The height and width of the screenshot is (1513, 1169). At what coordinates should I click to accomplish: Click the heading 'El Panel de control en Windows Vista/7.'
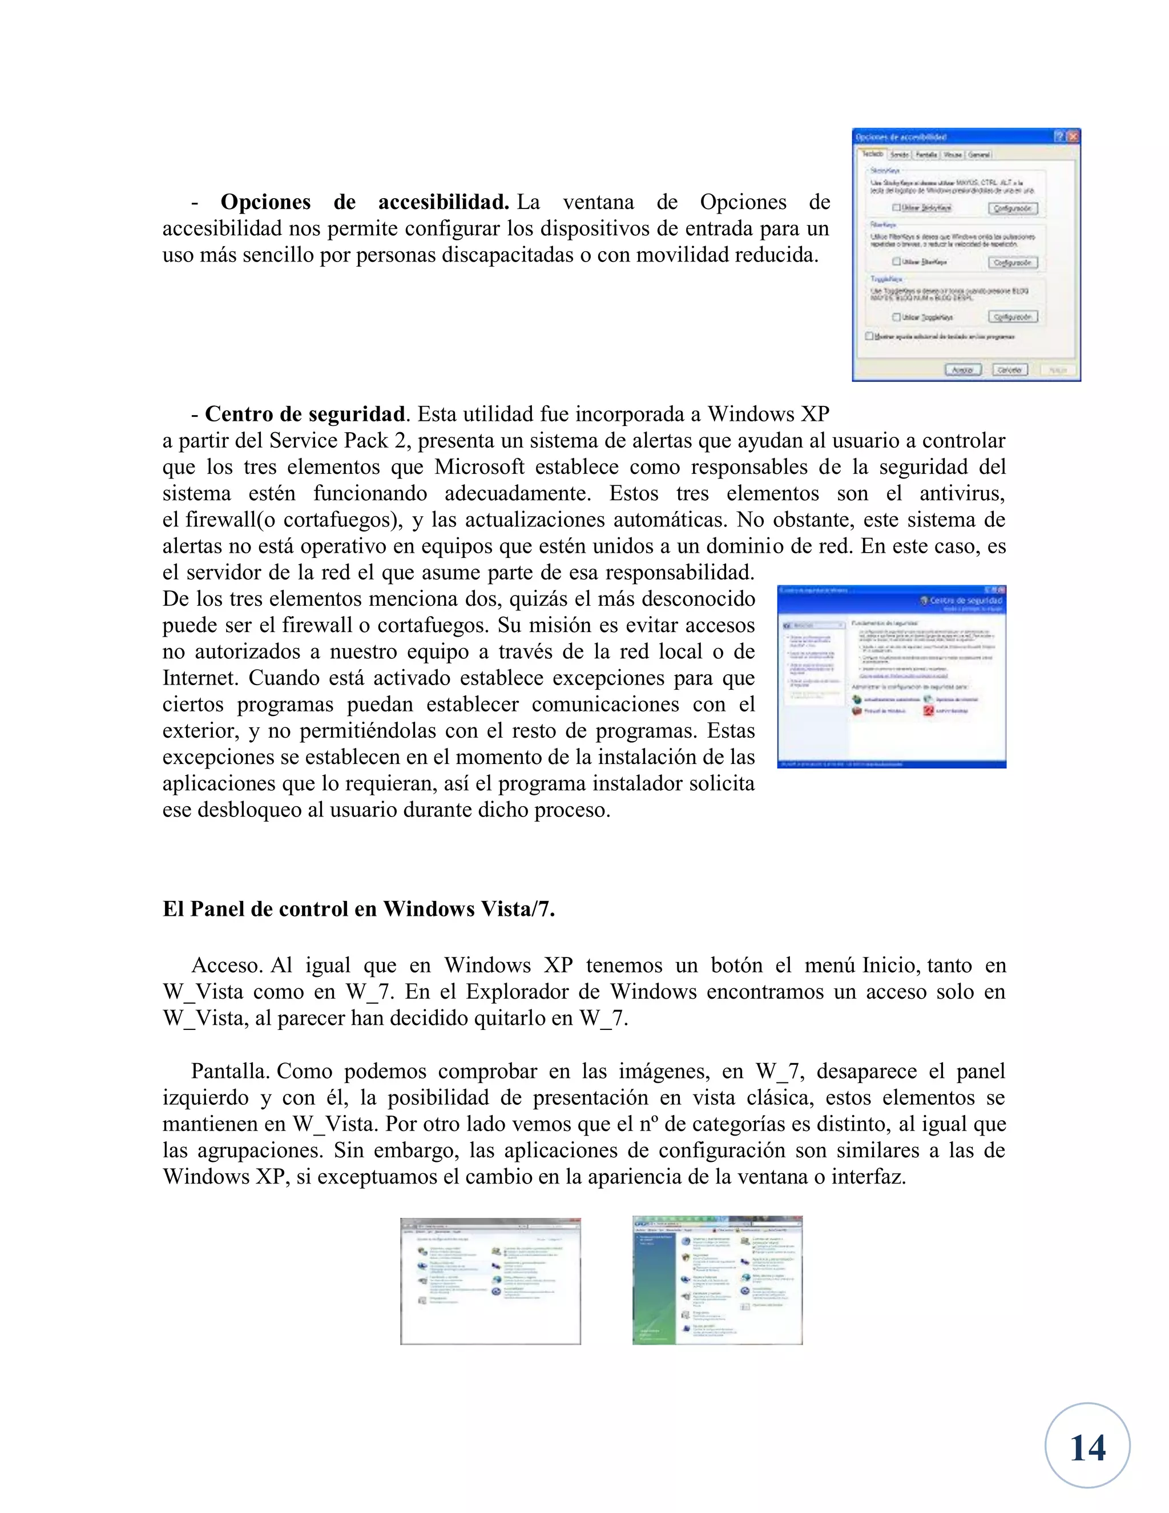(x=358, y=909)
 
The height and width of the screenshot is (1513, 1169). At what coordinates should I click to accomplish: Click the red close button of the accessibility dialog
(x=1073, y=136)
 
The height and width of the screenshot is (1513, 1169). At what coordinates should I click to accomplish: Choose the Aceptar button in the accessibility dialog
(x=962, y=370)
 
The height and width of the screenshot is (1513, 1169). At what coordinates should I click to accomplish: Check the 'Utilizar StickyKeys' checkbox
(x=896, y=207)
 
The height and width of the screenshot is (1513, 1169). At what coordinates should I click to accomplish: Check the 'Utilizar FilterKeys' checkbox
(x=896, y=262)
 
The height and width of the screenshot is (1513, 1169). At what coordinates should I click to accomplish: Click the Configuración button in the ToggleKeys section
(x=1013, y=317)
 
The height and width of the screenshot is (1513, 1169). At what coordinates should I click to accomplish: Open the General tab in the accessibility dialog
(x=978, y=155)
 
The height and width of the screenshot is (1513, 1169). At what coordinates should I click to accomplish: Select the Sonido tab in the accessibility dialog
(x=899, y=155)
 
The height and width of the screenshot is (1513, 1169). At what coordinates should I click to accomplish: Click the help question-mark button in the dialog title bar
(x=1059, y=136)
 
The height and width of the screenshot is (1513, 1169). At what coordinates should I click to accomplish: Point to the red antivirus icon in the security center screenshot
(x=929, y=711)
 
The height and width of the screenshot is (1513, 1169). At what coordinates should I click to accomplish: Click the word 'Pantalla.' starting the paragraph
(x=230, y=1071)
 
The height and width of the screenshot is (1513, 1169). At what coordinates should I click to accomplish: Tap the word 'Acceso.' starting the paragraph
(x=227, y=965)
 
